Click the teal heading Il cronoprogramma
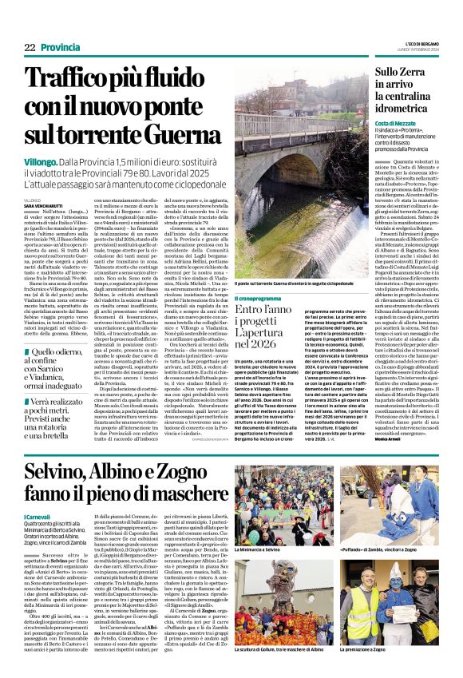pos(259,298)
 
